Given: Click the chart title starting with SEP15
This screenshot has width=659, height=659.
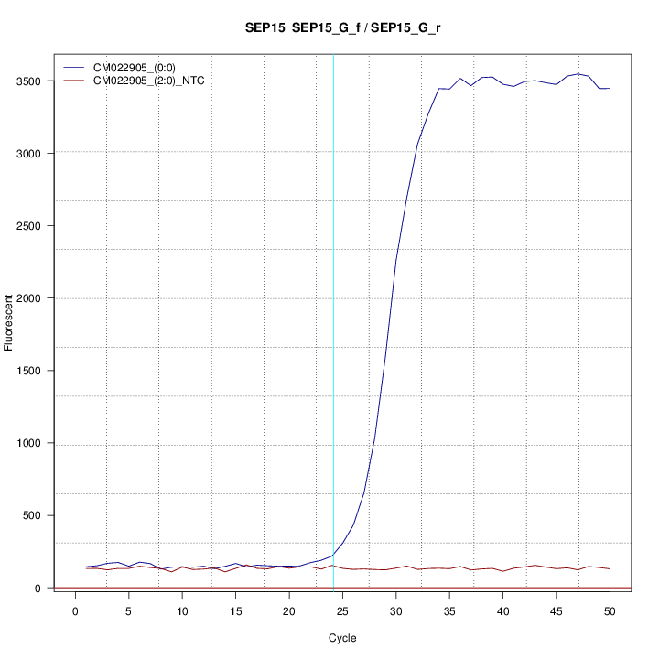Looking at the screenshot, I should coord(343,28).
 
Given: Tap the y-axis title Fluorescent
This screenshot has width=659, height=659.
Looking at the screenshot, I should coord(10,321).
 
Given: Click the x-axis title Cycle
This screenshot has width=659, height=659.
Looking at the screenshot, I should coord(342,638).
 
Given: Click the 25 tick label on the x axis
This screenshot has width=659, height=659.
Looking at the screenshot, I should coord(342,610).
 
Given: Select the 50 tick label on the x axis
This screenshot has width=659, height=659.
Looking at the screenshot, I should coord(610,610).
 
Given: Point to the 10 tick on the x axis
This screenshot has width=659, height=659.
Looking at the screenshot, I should coord(182,610).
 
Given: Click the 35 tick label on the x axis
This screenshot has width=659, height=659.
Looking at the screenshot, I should coord(449,610).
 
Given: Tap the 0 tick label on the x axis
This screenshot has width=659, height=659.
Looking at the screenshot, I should coord(75,610).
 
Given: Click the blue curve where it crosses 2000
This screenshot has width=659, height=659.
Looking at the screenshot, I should coord(393,297).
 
